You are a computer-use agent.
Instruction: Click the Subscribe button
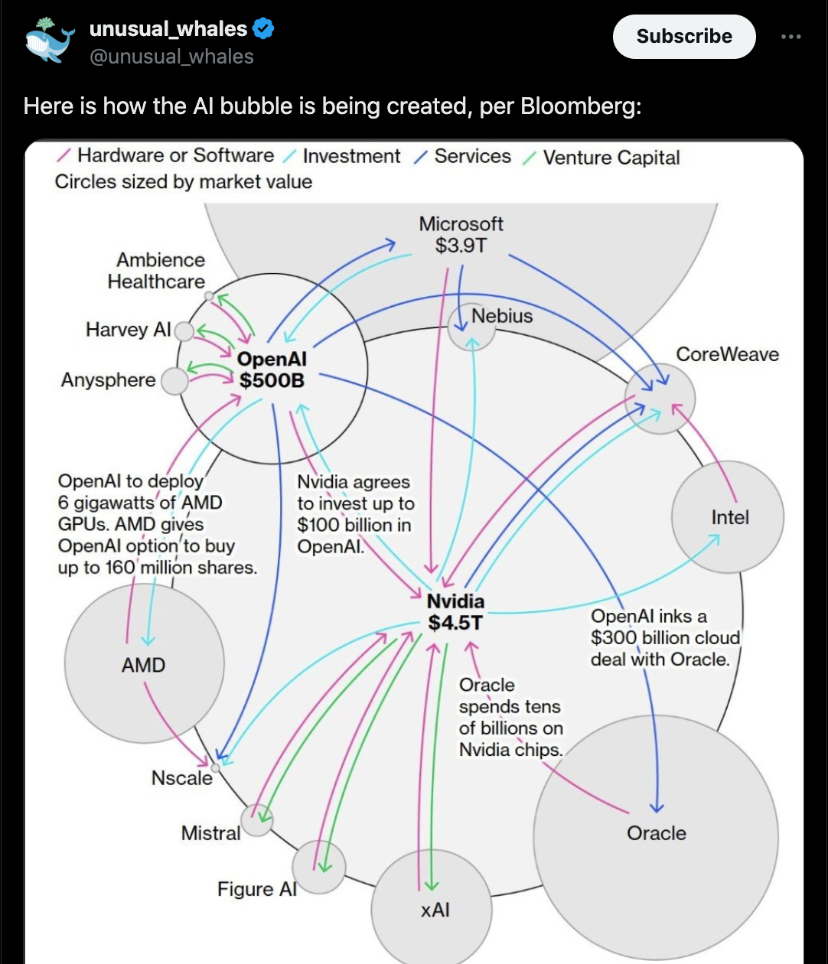[684, 37]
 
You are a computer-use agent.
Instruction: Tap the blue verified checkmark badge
[263, 29]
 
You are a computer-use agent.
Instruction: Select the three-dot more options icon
[791, 37]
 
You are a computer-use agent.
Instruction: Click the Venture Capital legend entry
[611, 158]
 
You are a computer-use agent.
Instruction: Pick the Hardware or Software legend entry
[174, 156]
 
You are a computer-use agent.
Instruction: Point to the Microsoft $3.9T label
[461, 235]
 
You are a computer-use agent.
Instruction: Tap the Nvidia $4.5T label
[455, 611]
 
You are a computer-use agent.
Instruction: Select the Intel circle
[728, 517]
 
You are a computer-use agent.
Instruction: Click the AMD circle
[144, 664]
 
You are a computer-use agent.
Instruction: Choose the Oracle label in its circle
[656, 833]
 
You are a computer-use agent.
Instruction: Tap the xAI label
[435, 910]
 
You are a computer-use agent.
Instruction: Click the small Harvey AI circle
[184, 331]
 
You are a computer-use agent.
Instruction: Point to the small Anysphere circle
[175, 381]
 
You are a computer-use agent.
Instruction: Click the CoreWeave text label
[727, 354]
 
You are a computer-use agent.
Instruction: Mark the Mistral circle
[257, 819]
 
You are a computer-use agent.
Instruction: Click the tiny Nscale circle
[215, 767]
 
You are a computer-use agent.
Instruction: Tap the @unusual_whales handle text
[171, 57]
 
